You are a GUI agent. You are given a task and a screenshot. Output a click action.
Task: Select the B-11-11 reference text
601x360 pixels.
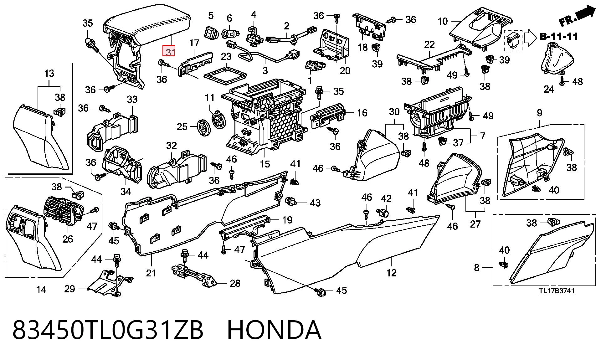coord(559,37)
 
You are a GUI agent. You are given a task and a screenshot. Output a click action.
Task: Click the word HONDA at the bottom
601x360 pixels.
coord(274,330)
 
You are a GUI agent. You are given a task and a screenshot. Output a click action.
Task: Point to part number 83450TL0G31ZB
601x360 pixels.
coord(108,330)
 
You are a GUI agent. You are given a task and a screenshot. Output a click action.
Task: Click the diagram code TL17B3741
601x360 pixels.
coord(557,291)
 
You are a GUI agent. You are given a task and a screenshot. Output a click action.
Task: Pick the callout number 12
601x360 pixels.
coord(391,273)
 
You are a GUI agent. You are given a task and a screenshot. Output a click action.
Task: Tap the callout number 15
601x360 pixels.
coord(265,164)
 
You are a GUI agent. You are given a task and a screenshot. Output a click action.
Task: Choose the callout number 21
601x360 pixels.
coord(151,273)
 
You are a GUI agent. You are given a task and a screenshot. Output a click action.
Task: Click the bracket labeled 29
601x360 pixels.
coord(108,283)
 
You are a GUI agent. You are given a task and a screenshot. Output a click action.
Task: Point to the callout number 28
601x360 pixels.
coord(235,283)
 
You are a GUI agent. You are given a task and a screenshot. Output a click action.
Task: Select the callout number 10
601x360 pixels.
coord(443,21)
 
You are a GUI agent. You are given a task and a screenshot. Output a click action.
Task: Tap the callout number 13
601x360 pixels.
coord(49,73)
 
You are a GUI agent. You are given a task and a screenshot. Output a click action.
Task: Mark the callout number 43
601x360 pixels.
coord(315,203)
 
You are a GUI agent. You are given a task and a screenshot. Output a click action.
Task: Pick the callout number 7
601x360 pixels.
coord(482,136)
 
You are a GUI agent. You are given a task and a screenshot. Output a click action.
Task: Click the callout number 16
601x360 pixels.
coord(362,113)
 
